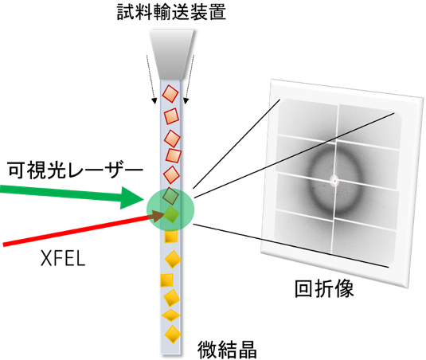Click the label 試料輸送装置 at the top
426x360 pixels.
coord(171,12)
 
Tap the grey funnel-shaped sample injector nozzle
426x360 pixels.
coord(171,54)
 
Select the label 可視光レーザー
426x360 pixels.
coord(76,170)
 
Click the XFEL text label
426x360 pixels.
coord(63,258)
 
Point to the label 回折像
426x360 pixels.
coord(324,288)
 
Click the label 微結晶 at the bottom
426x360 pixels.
coord(227,350)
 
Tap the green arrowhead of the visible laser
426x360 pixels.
coord(132,198)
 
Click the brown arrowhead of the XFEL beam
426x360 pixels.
coord(156,216)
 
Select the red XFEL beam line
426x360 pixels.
coord(76,231)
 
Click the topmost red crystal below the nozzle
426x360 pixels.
coord(170,94)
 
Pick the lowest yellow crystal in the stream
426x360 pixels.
coord(173,335)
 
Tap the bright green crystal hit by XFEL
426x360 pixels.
coord(172,214)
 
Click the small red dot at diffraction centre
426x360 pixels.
coord(335,181)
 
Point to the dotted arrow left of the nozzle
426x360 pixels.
coord(150,80)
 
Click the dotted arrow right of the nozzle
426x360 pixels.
coord(190,80)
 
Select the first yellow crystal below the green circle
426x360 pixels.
coord(171,236)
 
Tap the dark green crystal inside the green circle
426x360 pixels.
coord(170,196)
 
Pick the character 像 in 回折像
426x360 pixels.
coord(344,288)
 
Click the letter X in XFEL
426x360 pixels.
coord(45,258)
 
